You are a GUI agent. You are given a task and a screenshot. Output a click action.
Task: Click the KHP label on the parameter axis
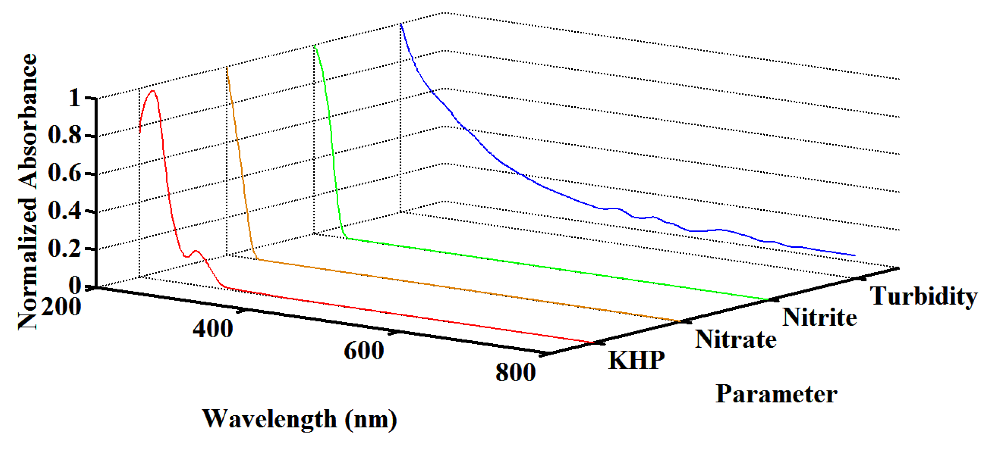point(636,360)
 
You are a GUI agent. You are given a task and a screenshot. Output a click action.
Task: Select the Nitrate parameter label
point(735,339)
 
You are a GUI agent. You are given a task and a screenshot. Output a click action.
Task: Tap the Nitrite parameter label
point(819,317)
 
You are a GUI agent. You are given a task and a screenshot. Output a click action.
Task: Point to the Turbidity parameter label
point(923,296)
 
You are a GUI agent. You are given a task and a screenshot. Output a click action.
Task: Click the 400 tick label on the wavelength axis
point(213,328)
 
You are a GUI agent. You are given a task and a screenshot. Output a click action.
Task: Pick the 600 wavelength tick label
point(364,350)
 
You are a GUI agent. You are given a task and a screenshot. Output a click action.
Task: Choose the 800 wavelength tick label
point(515,372)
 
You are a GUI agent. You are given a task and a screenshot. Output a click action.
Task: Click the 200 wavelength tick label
point(61,307)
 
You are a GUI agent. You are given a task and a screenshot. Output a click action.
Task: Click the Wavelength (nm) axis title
point(300,419)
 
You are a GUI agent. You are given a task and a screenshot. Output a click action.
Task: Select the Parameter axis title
point(776,394)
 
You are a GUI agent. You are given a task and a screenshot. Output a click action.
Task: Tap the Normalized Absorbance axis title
point(28,192)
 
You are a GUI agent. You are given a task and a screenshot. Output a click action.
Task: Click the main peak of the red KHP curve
point(153,91)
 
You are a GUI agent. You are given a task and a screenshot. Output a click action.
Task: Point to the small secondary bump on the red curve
point(196,251)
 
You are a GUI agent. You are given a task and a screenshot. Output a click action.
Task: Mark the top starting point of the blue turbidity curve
point(401,24)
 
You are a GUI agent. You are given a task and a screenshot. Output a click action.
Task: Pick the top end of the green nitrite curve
point(315,45)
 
